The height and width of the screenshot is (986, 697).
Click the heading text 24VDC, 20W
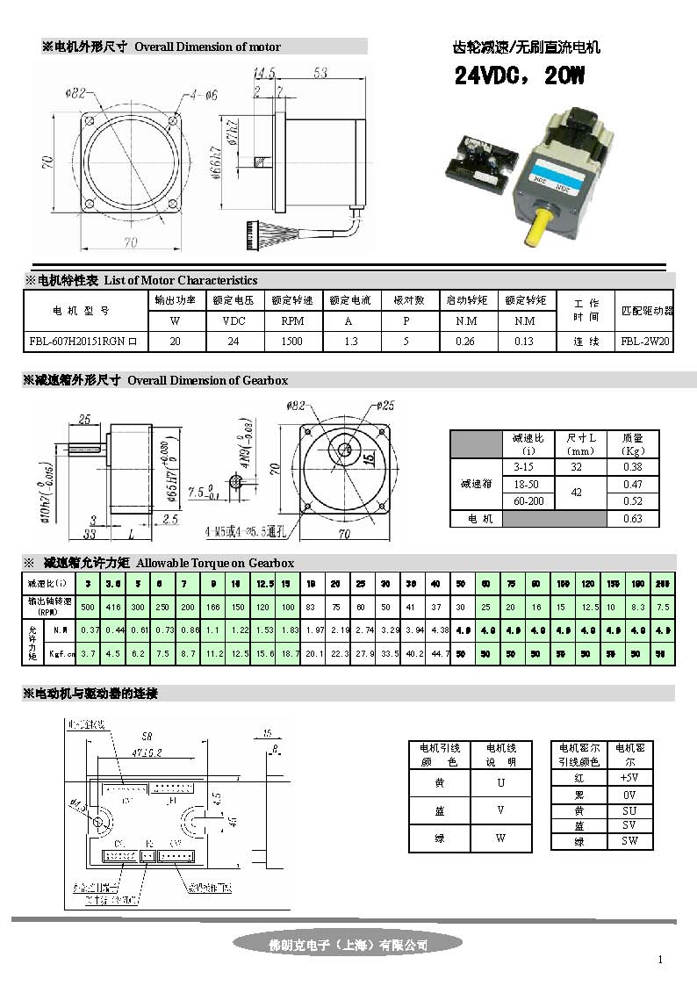click(519, 76)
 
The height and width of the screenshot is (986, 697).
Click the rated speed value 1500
click(292, 341)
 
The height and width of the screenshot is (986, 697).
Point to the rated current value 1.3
click(350, 341)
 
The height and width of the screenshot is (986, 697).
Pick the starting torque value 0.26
click(466, 341)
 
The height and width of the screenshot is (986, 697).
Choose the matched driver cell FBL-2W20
click(645, 341)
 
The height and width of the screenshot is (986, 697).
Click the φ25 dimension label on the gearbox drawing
click(386, 406)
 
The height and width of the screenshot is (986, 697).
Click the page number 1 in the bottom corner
click(660, 960)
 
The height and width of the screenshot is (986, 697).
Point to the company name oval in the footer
click(348, 945)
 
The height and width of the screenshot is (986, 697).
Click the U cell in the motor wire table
click(500, 781)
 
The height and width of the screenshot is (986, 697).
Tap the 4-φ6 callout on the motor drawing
click(203, 94)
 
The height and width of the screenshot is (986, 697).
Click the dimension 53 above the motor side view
click(320, 72)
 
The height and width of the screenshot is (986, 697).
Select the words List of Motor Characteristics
click(181, 280)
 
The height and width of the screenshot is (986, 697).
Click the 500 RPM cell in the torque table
click(88, 607)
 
